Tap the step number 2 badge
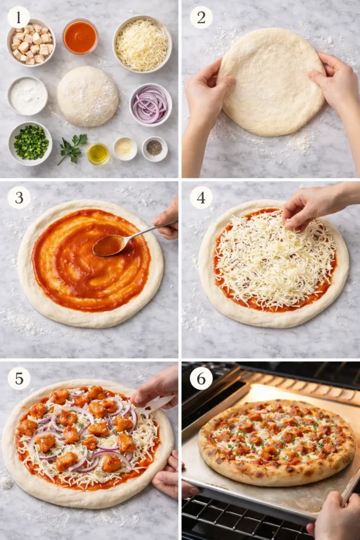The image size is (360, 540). tap(201, 17)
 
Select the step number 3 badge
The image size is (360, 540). tap(18, 197)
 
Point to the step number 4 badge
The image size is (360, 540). tap(201, 197)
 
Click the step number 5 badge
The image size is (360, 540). tap(18, 378)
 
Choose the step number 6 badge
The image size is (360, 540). tap(201, 378)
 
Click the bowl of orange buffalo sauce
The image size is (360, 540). tap(80, 36)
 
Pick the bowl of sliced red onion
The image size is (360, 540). tap(150, 104)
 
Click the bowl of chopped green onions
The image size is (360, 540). tap(30, 143)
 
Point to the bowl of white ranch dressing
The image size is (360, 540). tap(27, 96)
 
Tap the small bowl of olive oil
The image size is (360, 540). tap(98, 153)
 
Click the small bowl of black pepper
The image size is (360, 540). tap(154, 149)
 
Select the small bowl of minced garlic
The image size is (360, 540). tap(125, 148)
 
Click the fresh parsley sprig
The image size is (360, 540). tap(72, 148)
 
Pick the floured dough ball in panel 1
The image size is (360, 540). tap(87, 96)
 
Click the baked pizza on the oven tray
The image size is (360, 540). tap(276, 441)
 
